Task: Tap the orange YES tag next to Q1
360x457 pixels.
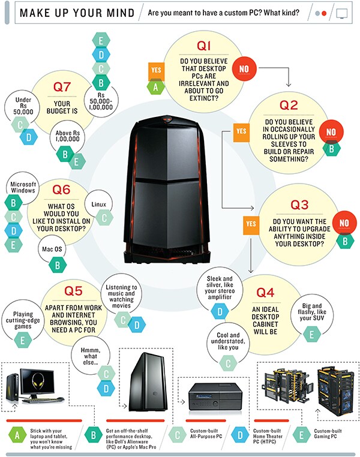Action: click(x=157, y=70)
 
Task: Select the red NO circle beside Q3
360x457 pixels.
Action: click(x=344, y=223)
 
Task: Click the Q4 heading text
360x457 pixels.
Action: click(x=265, y=293)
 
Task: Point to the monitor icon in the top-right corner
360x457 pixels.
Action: click(x=341, y=12)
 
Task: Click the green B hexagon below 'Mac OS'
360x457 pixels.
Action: click(x=57, y=264)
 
